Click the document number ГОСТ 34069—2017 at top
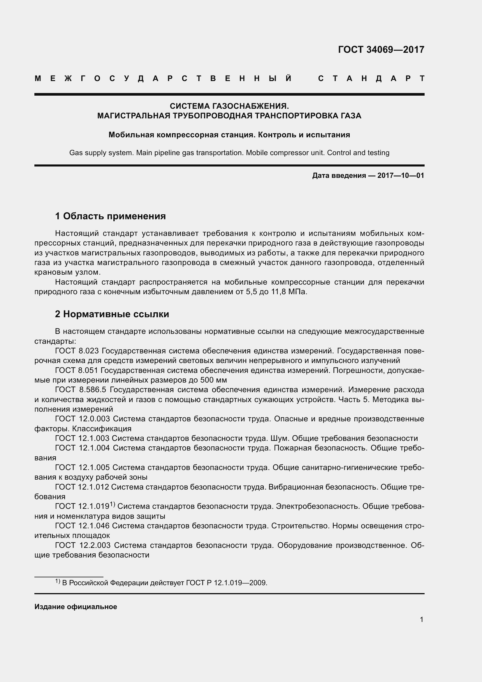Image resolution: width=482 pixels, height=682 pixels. tap(381, 49)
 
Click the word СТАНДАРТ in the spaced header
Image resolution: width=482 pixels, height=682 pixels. tap(371, 78)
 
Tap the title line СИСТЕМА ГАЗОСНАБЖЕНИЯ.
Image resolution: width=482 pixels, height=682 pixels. tap(229, 106)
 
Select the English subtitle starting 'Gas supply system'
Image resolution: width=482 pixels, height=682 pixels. tap(229, 153)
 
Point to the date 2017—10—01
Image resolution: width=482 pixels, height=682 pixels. tap(400, 176)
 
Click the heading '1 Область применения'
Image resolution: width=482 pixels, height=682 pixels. tap(110, 216)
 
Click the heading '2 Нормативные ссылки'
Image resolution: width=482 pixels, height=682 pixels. tap(112, 314)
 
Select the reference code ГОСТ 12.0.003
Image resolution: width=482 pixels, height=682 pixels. tap(82, 419)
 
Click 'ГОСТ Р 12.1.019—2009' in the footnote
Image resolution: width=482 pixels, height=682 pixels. tap(226, 583)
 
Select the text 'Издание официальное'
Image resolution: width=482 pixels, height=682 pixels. tap(76, 607)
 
